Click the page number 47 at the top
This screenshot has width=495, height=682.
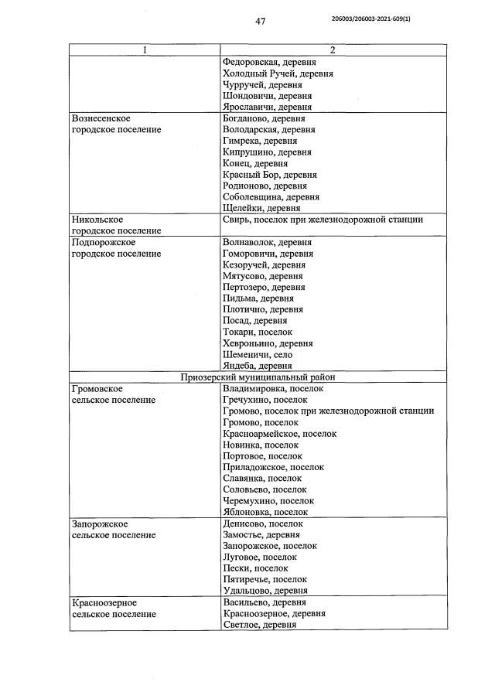click(x=260, y=22)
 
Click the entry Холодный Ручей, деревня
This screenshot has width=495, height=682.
click(x=277, y=73)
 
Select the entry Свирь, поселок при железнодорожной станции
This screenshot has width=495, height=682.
click(x=322, y=220)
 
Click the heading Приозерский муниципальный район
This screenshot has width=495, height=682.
click(x=262, y=377)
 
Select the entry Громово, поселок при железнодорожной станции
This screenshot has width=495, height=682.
click(x=327, y=411)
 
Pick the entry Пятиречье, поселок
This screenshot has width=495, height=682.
click(x=264, y=579)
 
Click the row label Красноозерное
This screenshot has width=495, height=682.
click(x=104, y=602)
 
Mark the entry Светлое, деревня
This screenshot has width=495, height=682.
click(x=259, y=624)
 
